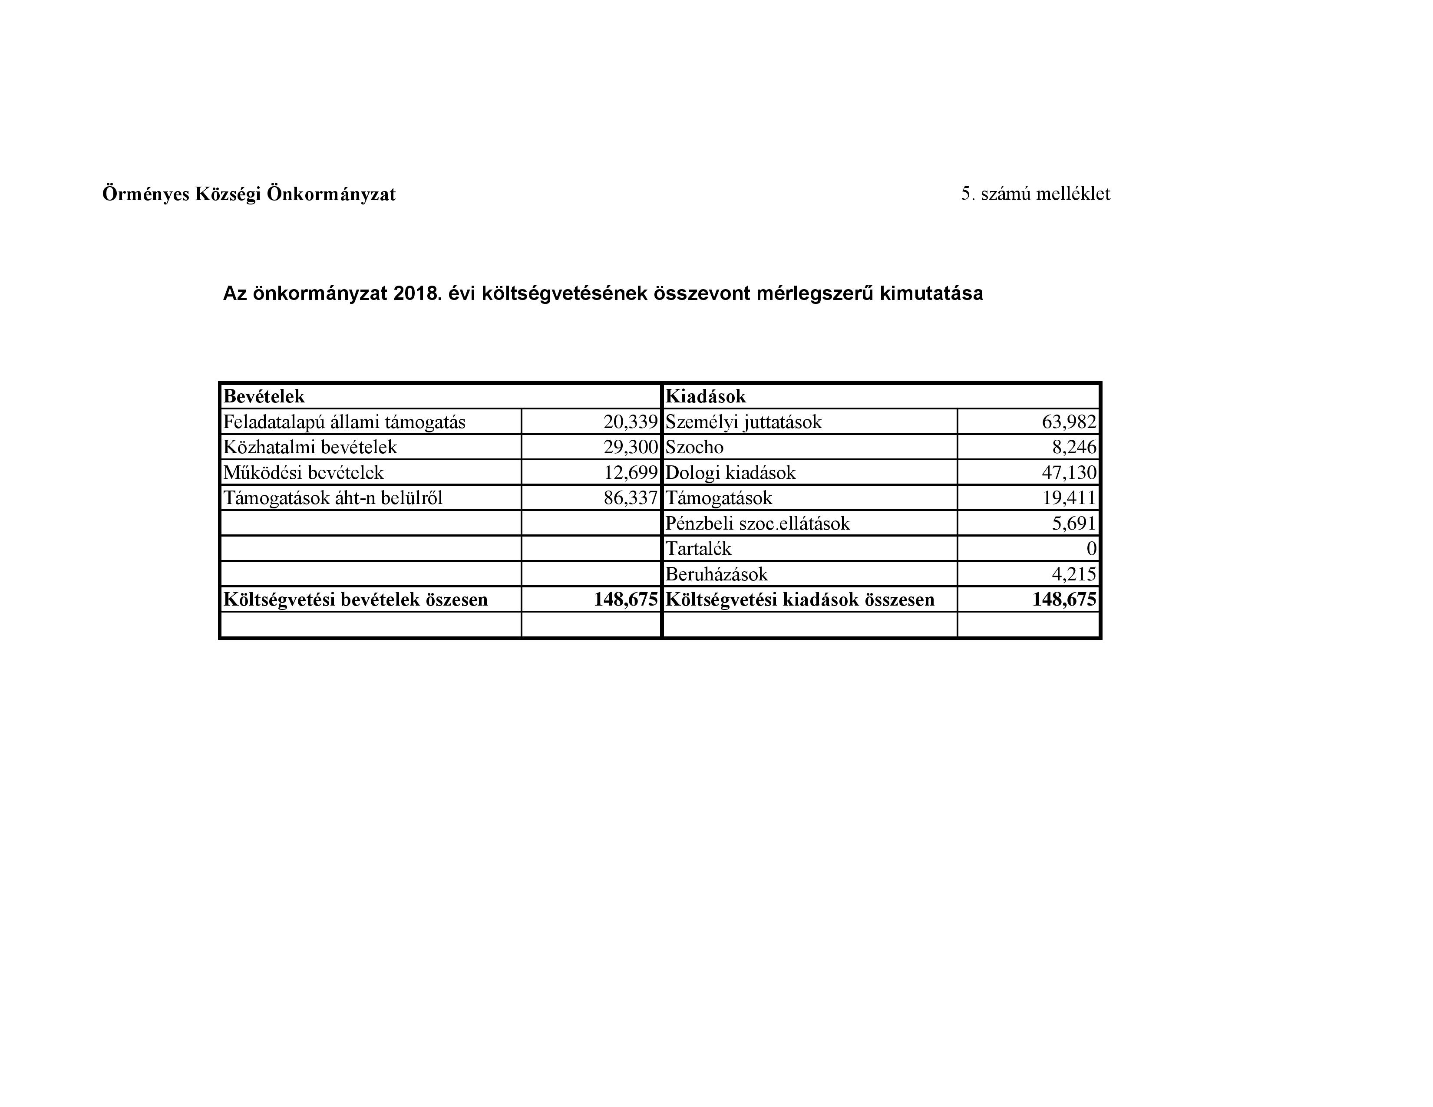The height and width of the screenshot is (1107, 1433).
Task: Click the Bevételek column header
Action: [x=264, y=396]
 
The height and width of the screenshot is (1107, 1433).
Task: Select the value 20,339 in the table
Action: [x=630, y=422]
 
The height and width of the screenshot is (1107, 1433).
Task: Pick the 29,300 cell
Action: [x=630, y=447]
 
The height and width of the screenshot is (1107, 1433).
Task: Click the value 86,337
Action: [x=630, y=498]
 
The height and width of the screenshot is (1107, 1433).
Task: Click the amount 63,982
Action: [x=1069, y=422]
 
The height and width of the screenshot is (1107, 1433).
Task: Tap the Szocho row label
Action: [x=694, y=447]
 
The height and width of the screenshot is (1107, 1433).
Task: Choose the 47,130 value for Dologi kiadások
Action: [x=1069, y=473]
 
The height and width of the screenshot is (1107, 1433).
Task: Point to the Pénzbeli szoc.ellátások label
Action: [x=757, y=524]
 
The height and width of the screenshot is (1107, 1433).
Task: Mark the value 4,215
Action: [x=1073, y=574]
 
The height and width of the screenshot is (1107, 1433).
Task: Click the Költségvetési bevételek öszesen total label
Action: [x=356, y=600]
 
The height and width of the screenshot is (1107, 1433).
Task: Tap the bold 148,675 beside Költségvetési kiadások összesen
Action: [x=1063, y=600]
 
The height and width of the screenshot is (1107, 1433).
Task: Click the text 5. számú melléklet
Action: [x=1035, y=194]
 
